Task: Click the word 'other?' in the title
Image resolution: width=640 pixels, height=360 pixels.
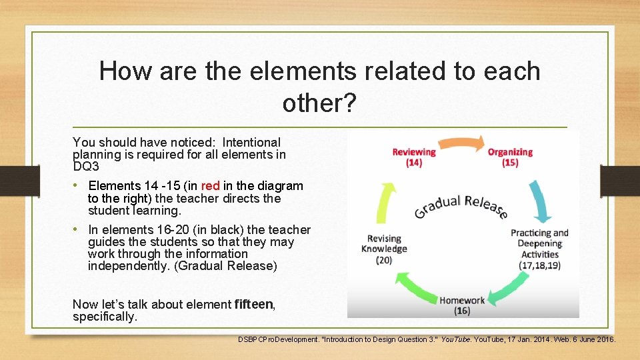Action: coord(320,103)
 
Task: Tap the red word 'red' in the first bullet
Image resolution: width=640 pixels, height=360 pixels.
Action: coord(210,186)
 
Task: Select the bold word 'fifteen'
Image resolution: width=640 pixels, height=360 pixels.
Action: coord(254,305)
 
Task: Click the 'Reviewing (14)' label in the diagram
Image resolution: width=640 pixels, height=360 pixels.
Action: coord(413,157)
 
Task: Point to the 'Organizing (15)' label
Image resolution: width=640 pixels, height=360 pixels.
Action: coord(510,157)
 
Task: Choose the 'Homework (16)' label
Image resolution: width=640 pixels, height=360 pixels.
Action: coord(462,305)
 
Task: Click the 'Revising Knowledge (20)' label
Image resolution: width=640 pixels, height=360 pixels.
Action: coord(384,249)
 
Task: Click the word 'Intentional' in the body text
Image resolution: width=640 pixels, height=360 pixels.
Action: coord(251,142)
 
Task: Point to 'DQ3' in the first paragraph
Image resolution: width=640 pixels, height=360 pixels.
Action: coord(85,167)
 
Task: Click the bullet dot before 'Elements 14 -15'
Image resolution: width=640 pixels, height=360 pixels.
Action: coord(77,185)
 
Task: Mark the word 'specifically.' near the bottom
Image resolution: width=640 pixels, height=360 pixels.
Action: coord(104,317)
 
